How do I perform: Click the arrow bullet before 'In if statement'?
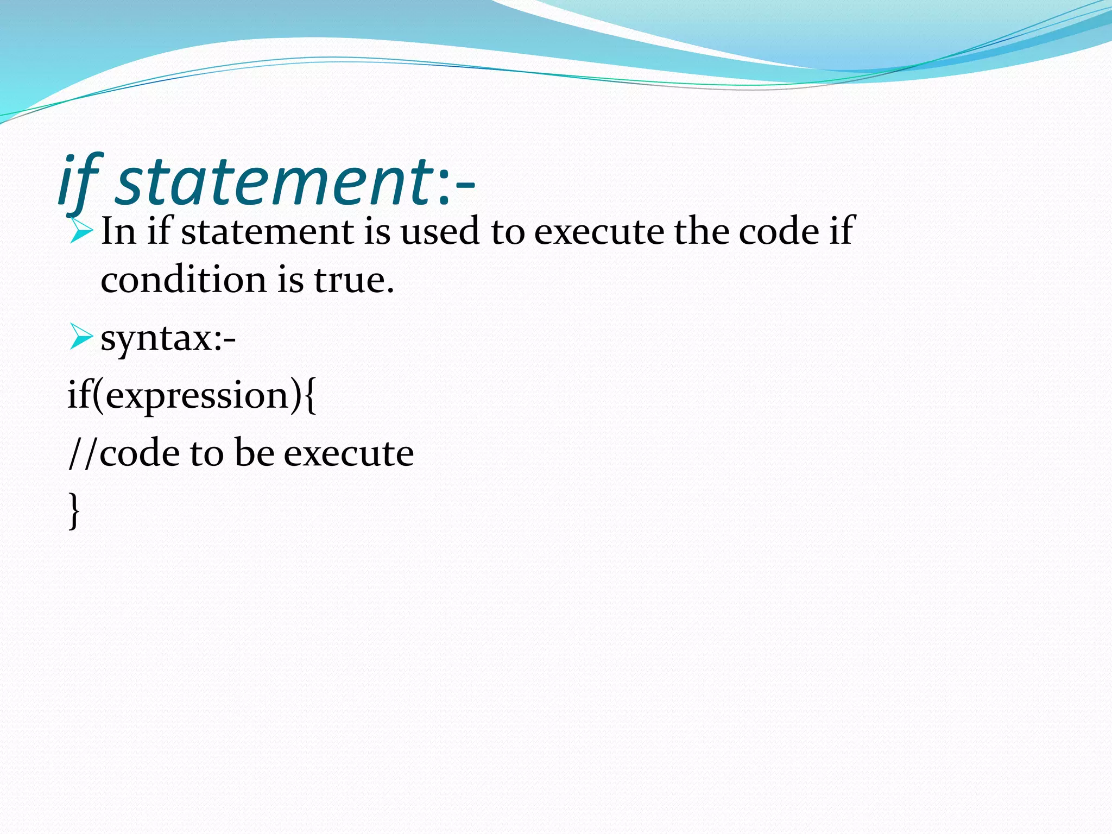[82, 230]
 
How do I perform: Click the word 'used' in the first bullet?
[440, 231]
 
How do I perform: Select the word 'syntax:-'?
[168, 339]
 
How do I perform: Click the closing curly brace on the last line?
[74, 510]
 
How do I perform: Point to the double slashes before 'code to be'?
[83, 453]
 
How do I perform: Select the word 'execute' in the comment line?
[349, 453]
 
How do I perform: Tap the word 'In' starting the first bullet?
[118, 231]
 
